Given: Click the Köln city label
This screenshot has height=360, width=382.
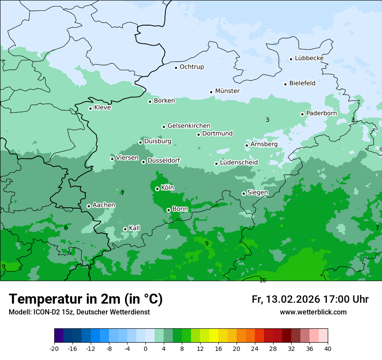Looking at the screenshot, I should pyautogui.click(x=167, y=188).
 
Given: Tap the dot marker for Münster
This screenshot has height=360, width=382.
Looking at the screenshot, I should pyautogui.click(x=211, y=92).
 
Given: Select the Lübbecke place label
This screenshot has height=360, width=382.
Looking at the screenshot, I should pyautogui.click(x=309, y=58).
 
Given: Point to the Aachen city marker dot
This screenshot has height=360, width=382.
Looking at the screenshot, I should pyautogui.click(x=89, y=206).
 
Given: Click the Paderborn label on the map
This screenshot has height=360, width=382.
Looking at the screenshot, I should pyautogui.click(x=321, y=113).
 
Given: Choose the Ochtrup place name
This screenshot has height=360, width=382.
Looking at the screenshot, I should pyautogui.click(x=191, y=67).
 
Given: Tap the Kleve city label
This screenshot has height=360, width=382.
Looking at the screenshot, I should pyautogui.click(x=102, y=108).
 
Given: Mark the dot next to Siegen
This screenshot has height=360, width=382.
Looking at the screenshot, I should pyautogui.click(x=244, y=193).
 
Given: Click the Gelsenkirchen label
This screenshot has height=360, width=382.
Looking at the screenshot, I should pyautogui.click(x=189, y=126).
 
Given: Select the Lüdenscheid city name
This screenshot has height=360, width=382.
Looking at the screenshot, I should pyautogui.click(x=239, y=163).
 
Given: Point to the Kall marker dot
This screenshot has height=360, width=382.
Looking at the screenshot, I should pyautogui.click(x=125, y=229).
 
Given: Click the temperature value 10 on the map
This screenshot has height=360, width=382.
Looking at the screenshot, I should pyautogui.click(x=263, y=281).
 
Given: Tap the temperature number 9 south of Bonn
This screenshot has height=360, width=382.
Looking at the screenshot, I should pyautogui.click(x=207, y=243).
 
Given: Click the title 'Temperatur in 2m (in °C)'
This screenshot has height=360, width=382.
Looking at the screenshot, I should pyautogui.click(x=86, y=299).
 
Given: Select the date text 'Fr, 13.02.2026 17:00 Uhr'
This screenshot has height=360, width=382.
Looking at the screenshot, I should pyautogui.click(x=310, y=299).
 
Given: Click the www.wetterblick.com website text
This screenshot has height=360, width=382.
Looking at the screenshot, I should pyautogui.click(x=313, y=312).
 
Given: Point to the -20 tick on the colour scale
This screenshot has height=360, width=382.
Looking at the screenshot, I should pyautogui.click(x=54, y=348).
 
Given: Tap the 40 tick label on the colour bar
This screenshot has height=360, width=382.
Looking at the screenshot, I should pyautogui.click(x=328, y=348).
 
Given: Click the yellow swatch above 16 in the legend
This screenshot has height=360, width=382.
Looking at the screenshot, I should pyautogui.click(x=214, y=336).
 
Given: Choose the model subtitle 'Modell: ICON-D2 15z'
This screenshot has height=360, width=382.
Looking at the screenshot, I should pyautogui.click(x=41, y=312).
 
